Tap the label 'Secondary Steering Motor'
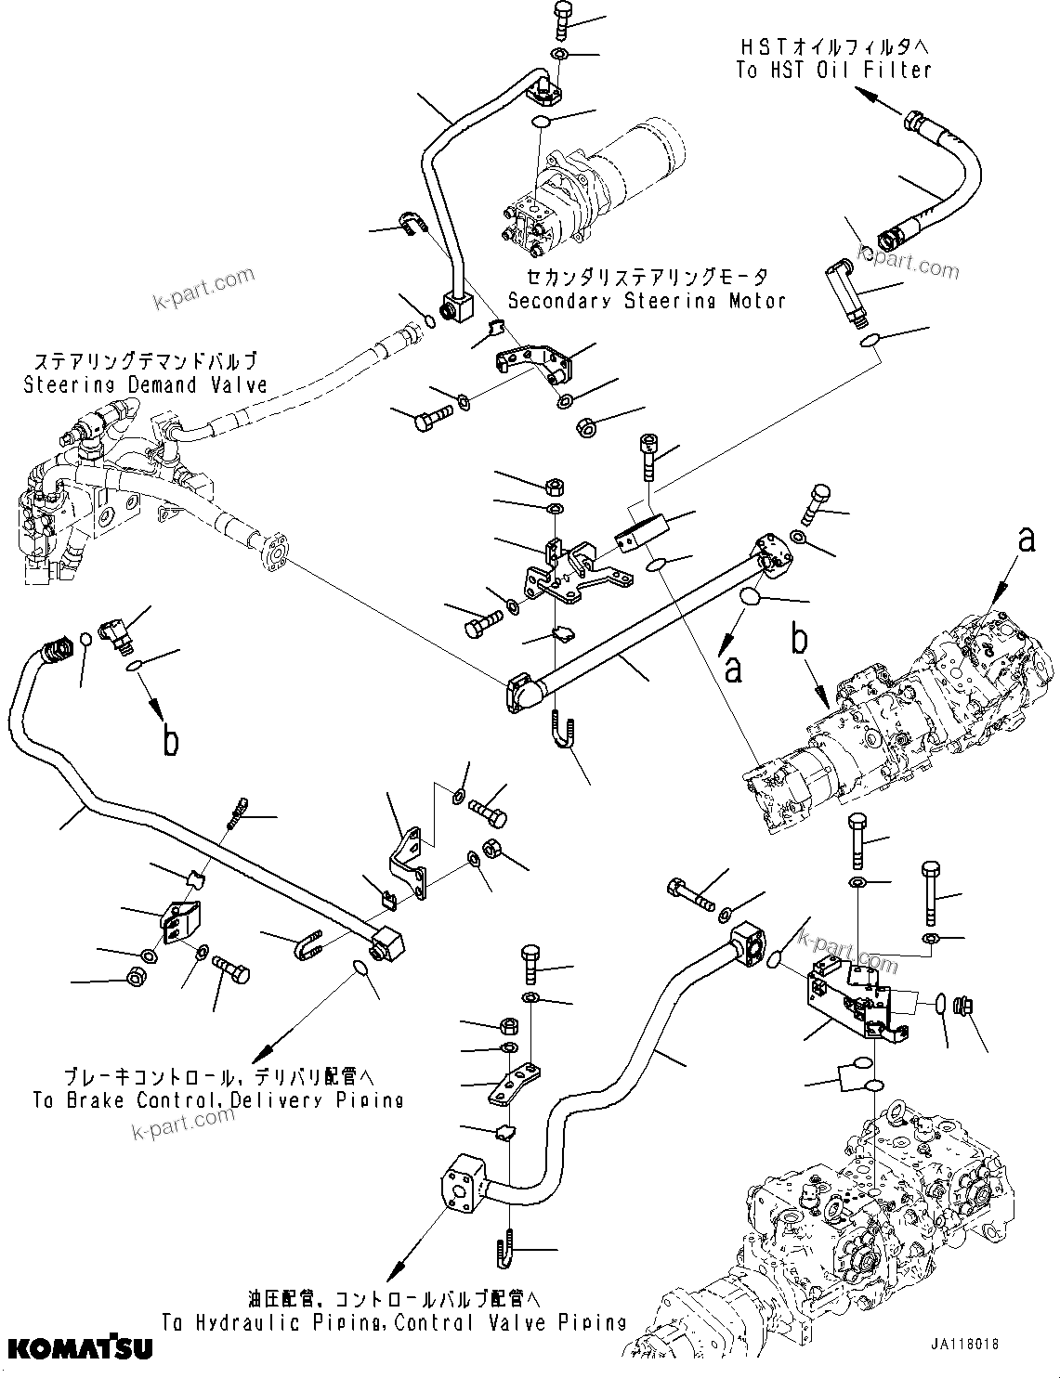point(647,300)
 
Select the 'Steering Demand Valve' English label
point(145,384)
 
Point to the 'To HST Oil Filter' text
point(833,71)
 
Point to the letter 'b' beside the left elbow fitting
point(170,740)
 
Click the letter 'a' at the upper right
point(1026,539)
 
